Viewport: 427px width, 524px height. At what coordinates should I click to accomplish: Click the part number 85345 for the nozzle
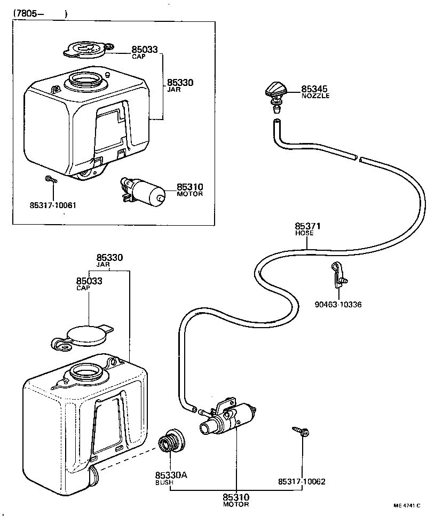click(314, 89)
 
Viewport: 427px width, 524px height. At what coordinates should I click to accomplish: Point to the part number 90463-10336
click(338, 305)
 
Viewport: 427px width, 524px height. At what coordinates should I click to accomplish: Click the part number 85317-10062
click(302, 481)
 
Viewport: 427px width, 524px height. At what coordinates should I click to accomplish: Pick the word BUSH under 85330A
click(164, 482)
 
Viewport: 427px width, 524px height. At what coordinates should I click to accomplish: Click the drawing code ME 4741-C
click(407, 505)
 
